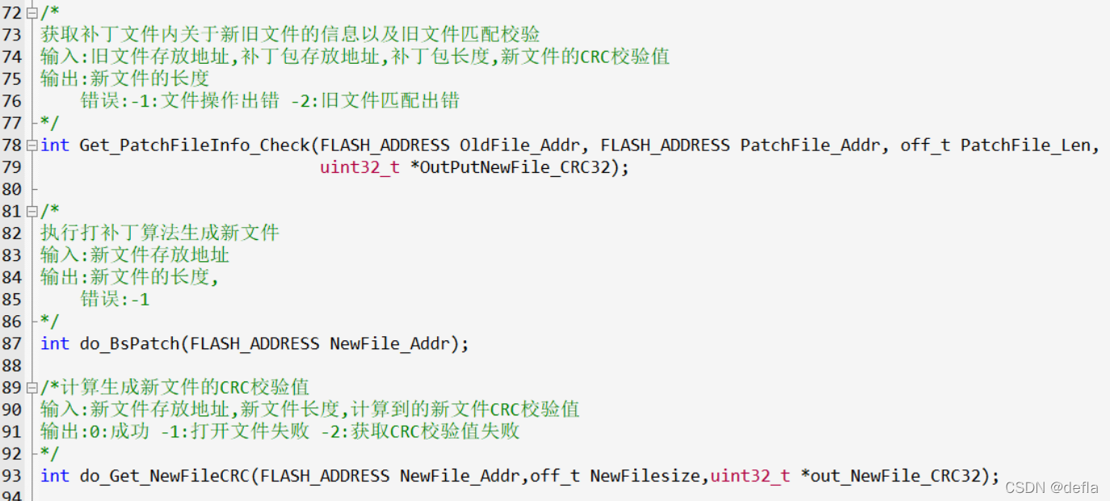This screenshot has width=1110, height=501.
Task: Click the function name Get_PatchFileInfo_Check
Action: (x=195, y=145)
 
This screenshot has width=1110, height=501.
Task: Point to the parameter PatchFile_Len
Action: (x=1029, y=145)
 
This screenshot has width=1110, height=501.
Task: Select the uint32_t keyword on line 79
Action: (x=359, y=167)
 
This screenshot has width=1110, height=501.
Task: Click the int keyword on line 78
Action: (x=55, y=145)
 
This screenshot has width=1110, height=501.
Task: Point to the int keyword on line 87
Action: (x=55, y=343)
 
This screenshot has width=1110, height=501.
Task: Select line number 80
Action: (x=12, y=189)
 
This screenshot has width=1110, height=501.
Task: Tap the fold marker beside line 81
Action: (x=32, y=212)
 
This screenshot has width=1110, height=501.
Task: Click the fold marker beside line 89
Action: (x=32, y=388)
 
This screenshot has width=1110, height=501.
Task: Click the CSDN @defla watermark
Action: (x=1051, y=487)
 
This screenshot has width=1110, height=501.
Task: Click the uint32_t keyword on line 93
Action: (x=750, y=476)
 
